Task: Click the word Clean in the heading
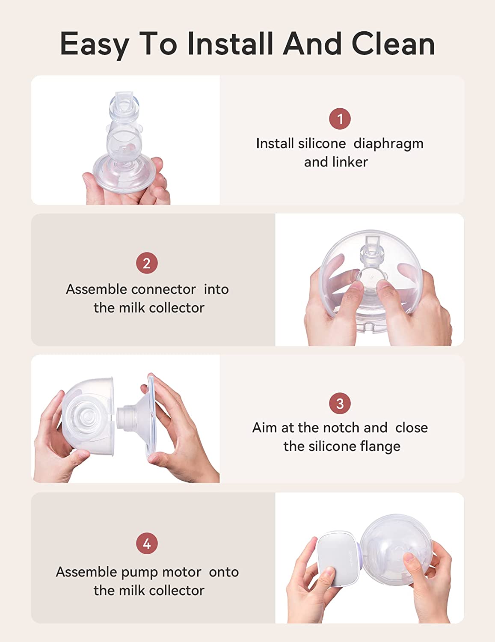click(393, 43)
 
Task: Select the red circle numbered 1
click(340, 119)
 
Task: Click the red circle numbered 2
click(147, 263)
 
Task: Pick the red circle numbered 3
click(340, 403)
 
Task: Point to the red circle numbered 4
click(147, 543)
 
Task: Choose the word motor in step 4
click(182, 573)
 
